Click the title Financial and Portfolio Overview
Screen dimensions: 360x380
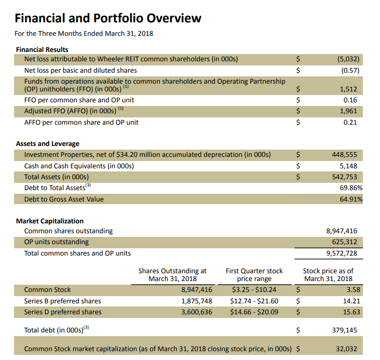click(108, 19)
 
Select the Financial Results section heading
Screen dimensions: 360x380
click(42, 49)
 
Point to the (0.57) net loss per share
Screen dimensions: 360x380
click(351, 70)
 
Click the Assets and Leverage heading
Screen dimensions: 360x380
click(48, 143)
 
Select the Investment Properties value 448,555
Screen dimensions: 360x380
click(345, 155)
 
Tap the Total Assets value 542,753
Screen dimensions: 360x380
click(345, 177)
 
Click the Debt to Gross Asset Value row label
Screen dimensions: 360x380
click(64, 199)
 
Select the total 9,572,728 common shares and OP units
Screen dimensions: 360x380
click(341, 254)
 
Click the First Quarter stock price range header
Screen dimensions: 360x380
click(254, 275)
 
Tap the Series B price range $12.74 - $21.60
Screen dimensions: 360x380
click(254, 301)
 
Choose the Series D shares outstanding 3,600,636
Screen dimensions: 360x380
click(196, 312)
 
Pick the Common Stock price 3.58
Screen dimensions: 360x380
click(352, 289)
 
